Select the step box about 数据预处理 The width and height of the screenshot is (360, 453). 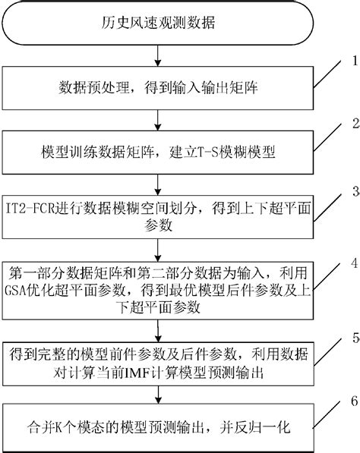pos(158,90)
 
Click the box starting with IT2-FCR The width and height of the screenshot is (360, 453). pos(158,215)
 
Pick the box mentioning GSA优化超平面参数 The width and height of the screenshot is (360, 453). pos(158,288)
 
